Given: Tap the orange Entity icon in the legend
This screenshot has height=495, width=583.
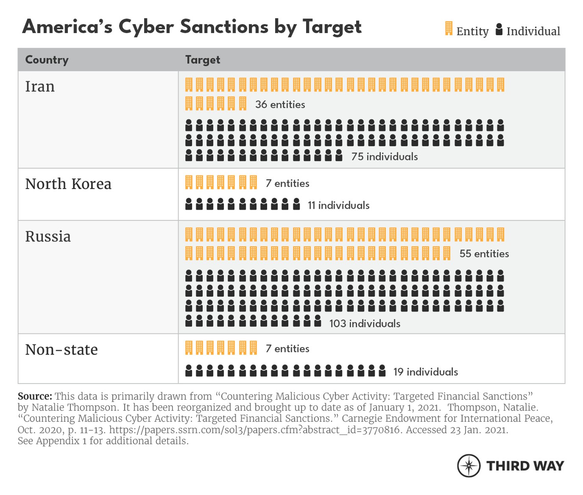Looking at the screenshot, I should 449,29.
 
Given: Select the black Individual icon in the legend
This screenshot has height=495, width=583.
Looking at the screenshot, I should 499,30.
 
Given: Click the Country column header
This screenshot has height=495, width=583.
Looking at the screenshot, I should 47,60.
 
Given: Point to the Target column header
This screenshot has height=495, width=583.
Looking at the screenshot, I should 202,60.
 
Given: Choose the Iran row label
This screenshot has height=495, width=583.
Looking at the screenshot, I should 40,87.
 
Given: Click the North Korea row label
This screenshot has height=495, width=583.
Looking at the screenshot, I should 68,184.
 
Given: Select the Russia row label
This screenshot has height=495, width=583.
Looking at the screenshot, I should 48,237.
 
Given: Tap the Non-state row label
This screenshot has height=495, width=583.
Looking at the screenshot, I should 61,350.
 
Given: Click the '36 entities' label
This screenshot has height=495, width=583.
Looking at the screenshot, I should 280,105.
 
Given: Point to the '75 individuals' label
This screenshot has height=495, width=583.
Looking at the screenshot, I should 384,157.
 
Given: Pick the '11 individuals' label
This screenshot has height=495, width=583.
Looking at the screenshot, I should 338,206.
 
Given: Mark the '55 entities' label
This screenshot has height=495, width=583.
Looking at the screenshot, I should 484,254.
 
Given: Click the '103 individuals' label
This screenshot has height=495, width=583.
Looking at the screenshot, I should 365,324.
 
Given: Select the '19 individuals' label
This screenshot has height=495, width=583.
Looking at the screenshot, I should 425,372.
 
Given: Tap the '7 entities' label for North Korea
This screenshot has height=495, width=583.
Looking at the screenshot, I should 288,184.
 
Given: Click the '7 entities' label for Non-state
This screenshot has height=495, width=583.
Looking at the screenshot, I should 288,349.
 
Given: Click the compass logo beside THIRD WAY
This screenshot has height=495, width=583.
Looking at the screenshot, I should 469,466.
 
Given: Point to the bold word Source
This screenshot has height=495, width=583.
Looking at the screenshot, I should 35,396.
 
